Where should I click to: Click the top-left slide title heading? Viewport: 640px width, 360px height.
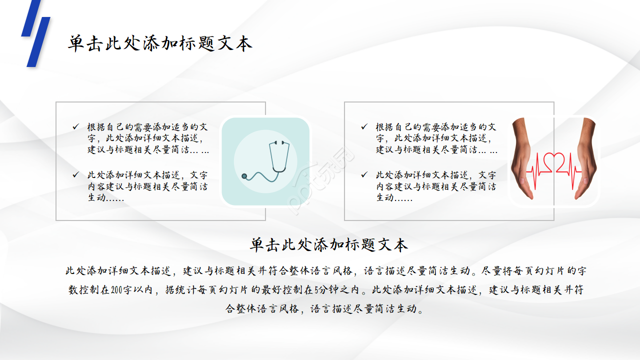(160, 43)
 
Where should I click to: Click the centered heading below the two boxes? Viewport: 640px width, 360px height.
(329, 245)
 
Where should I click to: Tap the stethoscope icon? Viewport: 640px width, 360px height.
(265, 161)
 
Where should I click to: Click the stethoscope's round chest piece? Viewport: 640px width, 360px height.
(244, 176)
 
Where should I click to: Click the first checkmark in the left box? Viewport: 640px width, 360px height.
(75, 127)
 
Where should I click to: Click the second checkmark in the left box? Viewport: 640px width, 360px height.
(75, 175)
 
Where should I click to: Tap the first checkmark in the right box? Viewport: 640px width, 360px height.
(364, 127)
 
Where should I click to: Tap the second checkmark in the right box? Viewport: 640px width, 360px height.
(364, 175)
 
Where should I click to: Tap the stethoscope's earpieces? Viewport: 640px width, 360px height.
(279, 143)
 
